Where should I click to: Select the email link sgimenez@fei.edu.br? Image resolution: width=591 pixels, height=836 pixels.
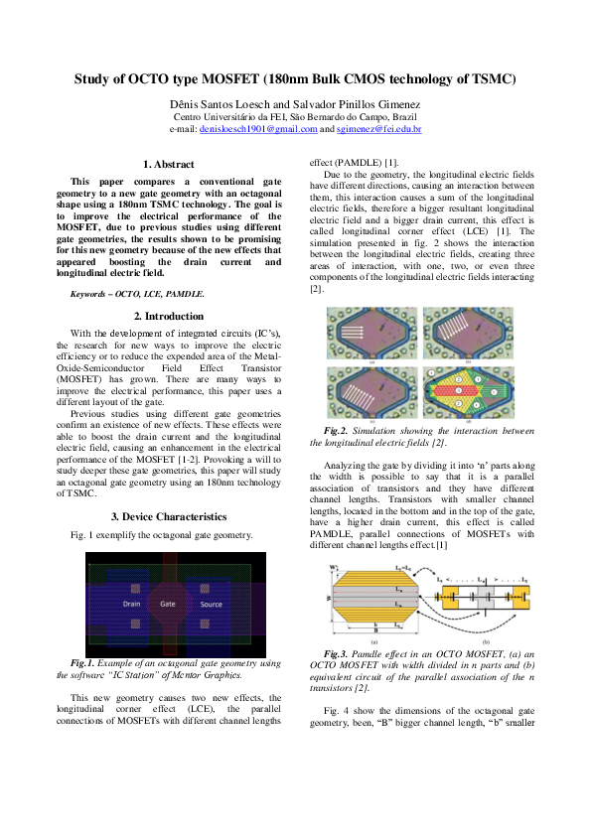[378, 129]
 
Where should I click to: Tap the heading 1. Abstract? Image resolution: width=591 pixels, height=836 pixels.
[168, 164]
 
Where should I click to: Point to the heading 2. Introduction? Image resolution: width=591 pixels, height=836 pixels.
[168, 316]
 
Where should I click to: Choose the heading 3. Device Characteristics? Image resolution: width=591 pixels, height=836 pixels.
[168, 516]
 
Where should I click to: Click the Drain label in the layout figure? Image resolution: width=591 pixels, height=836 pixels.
[132, 604]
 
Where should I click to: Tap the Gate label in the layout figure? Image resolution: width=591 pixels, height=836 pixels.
[168, 604]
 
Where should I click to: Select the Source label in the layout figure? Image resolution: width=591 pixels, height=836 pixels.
[211, 604]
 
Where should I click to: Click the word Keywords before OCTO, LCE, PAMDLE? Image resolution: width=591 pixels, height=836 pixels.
[89, 295]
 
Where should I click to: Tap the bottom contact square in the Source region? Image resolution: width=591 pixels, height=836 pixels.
[211, 626]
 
